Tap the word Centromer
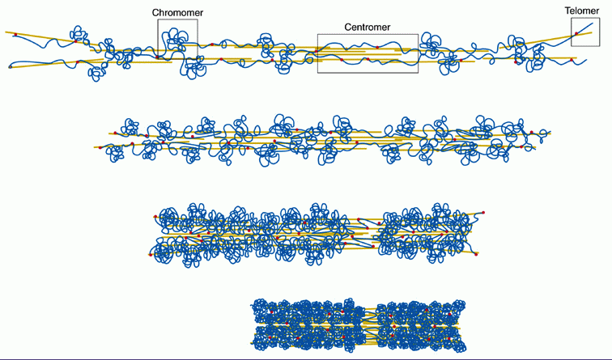pyautogui.click(x=368, y=27)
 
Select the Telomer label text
pyautogui.click(x=583, y=11)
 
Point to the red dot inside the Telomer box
pyautogui.click(x=576, y=34)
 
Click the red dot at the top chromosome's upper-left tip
pyautogui.click(x=15, y=34)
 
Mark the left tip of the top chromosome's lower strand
pyautogui.click(x=10, y=67)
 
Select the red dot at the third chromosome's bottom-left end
pyautogui.click(x=151, y=254)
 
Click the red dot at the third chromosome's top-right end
pyautogui.click(x=483, y=213)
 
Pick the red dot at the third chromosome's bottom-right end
pyautogui.click(x=476, y=254)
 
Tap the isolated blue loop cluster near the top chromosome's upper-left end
pyautogui.click(x=79, y=35)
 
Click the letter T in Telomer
pyautogui.click(x=568, y=11)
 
